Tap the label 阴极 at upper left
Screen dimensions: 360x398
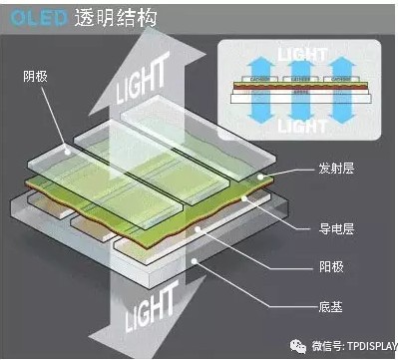(x=35, y=76)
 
